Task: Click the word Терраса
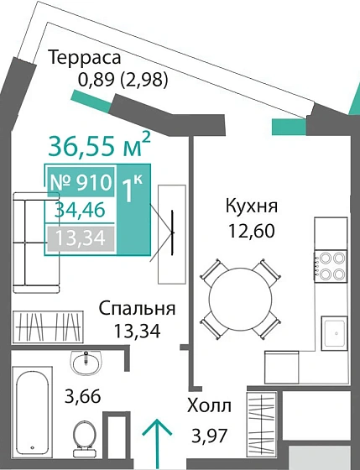85,58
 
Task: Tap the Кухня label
251,206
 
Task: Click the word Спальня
137,307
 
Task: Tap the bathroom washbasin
85,363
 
